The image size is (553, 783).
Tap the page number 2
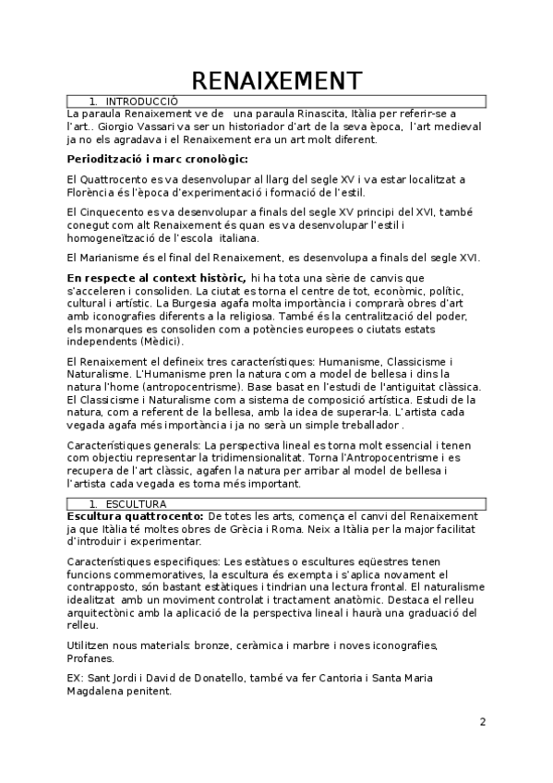pyautogui.click(x=482, y=721)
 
